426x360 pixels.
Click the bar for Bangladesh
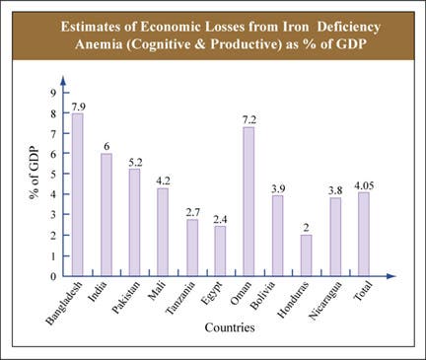click(x=78, y=194)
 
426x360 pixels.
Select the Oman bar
click(x=248, y=201)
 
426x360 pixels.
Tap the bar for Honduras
click(x=306, y=255)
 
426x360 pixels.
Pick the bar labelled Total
click(x=364, y=234)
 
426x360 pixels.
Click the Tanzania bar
click(x=192, y=248)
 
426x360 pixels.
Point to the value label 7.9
click(x=79, y=107)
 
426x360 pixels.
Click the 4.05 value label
click(x=364, y=186)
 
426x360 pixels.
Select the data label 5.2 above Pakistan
click(x=135, y=163)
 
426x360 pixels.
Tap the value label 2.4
click(x=220, y=219)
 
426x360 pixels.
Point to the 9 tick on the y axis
click(x=54, y=93)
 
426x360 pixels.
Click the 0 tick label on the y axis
click(x=54, y=276)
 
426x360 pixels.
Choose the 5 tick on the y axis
click(x=54, y=174)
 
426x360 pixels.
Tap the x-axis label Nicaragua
click(x=325, y=300)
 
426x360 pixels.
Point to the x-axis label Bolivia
click(x=262, y=295)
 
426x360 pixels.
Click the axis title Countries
click(x=230, y=327)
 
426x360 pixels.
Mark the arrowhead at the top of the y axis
click(x=63, y=81)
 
